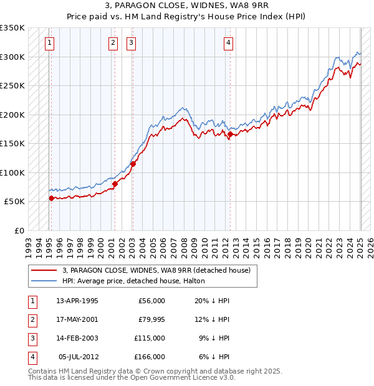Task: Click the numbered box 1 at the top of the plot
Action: [49, 43]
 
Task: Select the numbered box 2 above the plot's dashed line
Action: [113, 43]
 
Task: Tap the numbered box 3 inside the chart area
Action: [132, 43]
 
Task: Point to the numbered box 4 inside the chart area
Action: [229, 43]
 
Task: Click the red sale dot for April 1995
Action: [51, 198]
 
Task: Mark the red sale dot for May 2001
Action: [115, 184]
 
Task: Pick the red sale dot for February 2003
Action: [133, 164]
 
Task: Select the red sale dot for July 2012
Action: [231, 134]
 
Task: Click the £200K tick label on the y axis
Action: [13, 115]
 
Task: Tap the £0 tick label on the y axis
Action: [19, 230]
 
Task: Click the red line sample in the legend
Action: [44, 270]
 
